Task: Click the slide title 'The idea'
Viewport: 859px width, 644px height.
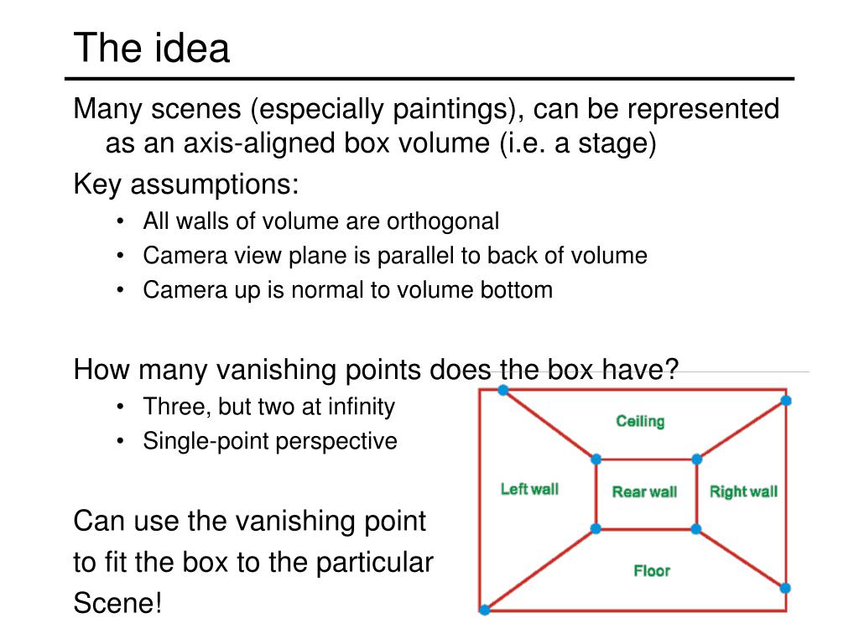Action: [151, 48]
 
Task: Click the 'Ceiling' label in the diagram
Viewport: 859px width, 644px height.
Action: [640, 421]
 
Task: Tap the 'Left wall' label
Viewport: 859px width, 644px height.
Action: [529, 489]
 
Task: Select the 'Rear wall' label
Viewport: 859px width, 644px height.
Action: [644, 492]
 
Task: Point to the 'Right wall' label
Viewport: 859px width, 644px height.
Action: [743, 492]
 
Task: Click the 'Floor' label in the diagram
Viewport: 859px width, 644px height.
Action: [652, 571]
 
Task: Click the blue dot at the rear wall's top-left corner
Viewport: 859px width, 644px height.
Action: [596, 460]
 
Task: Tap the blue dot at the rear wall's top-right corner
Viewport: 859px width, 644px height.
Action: [696, 460]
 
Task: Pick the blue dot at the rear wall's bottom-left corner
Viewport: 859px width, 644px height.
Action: [596, 528]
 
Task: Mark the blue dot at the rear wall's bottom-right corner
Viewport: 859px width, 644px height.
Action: [695, 528]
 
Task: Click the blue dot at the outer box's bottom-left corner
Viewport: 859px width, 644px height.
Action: [484, 610]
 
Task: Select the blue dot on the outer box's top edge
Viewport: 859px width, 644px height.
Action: [502, 390]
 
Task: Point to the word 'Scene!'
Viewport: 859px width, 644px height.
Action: [117, 604]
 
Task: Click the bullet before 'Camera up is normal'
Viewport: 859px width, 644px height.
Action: [123, 290]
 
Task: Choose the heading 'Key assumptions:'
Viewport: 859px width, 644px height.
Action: [186, 184]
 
